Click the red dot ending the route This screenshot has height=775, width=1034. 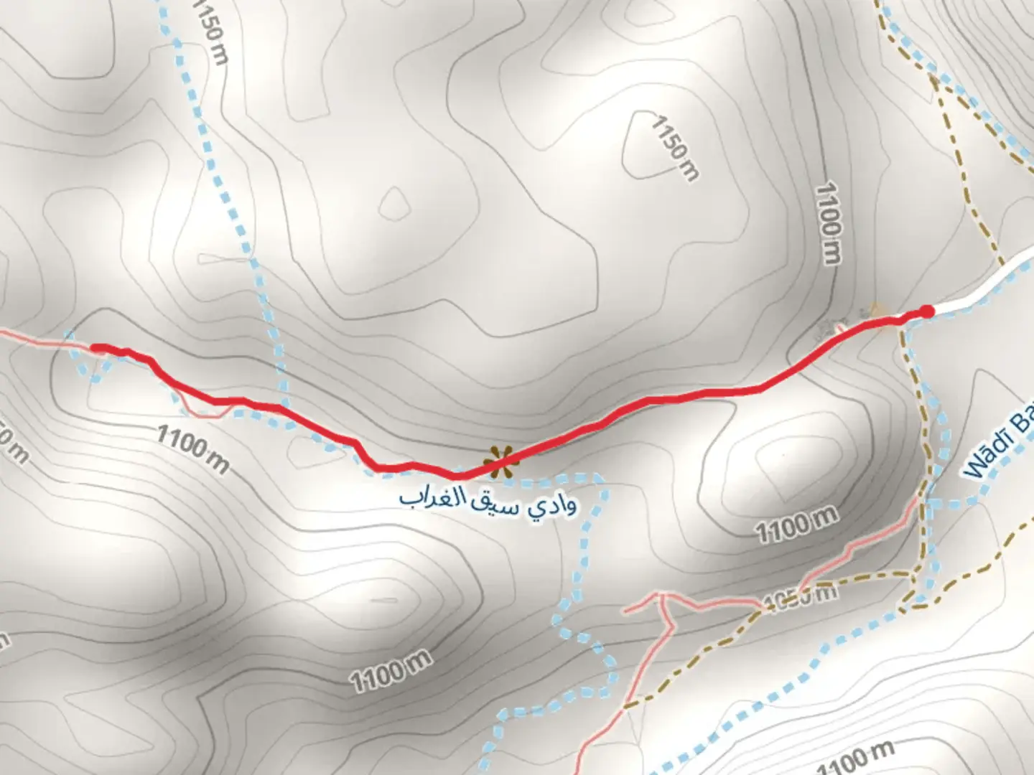tap(927, 311)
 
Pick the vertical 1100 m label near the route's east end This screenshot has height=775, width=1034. tap(829, 223)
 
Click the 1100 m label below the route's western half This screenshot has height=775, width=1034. tap(192, 448)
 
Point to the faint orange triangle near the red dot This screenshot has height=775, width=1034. tap(876, 310)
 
